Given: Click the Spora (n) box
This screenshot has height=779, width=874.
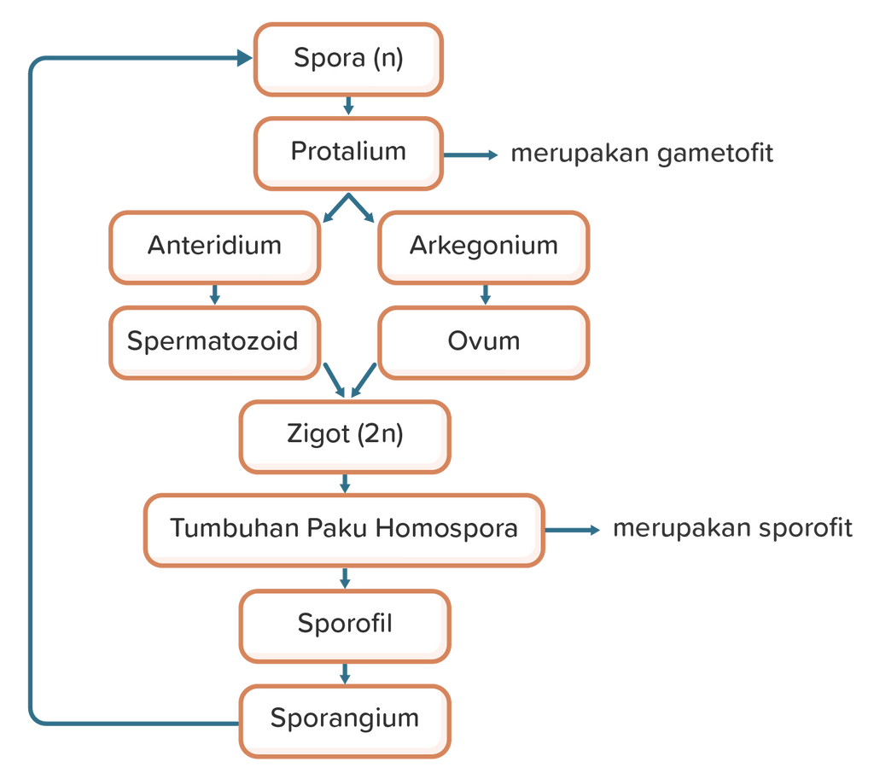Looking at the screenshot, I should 347,59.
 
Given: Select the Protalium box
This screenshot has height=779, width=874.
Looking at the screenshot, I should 348,153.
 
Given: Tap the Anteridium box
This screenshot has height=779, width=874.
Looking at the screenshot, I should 214,247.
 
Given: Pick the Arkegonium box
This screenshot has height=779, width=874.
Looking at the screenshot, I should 483,247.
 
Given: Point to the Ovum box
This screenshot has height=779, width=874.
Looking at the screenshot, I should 483,342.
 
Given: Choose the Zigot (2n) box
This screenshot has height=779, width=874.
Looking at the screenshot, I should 344,435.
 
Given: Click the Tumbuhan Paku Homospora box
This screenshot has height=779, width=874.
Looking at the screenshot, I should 344,529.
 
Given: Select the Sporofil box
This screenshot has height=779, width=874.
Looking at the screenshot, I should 344,625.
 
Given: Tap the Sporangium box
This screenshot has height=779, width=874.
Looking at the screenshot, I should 344,718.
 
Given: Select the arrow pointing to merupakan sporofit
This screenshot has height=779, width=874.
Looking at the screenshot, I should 573,530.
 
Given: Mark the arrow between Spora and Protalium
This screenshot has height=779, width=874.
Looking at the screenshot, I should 347,107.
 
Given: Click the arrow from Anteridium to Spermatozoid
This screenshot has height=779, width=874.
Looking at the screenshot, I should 214,295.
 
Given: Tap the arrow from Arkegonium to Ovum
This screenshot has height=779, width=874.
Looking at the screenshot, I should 485,295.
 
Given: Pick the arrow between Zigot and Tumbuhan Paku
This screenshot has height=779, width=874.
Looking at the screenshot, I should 345,484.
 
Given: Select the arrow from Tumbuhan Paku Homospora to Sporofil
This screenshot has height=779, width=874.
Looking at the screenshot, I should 345,578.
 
